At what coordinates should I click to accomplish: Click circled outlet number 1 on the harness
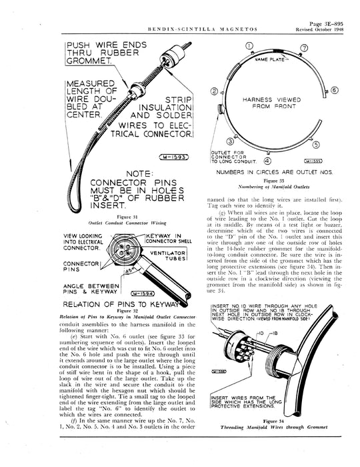(249, 46)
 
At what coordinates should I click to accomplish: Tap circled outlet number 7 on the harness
(304, 48)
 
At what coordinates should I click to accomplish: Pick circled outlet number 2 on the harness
(215, 91)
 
